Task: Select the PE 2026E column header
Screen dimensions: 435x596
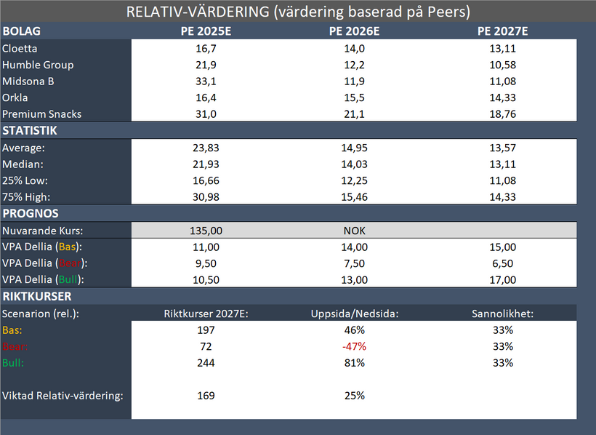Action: [355, 31]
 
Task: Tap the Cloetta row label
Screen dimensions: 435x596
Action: [20, 49]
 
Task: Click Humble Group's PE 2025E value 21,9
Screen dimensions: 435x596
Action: [206, 65]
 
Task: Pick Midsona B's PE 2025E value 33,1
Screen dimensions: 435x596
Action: [206, 81]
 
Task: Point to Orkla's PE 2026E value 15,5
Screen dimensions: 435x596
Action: [355, 97]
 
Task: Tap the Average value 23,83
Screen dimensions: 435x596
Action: [206, 148]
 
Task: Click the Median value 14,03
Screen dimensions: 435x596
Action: [355, 164]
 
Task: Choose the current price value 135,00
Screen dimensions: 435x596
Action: [206, 231]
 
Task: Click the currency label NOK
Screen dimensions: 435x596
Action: [355, 231]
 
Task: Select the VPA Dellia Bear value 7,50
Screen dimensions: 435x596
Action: [355, 263]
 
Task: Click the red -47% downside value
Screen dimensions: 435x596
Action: [355, 346]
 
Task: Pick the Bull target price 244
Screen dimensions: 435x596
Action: [206, 362]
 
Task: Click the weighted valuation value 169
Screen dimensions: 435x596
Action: [206, 396]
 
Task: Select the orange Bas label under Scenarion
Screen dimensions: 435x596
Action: [11, 330]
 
